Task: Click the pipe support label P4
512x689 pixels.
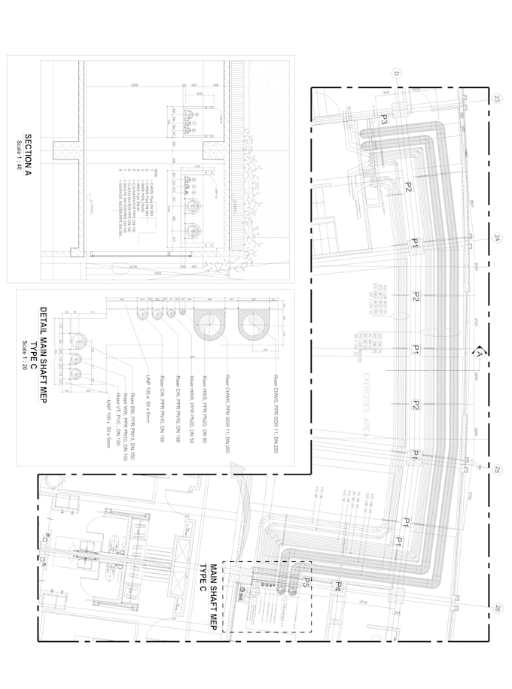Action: pos(339,586)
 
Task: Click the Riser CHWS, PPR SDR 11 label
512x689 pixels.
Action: pos(276,413)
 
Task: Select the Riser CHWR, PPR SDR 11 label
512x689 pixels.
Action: pos(227,413)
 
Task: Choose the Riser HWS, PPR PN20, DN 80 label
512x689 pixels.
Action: pos(204,406)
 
